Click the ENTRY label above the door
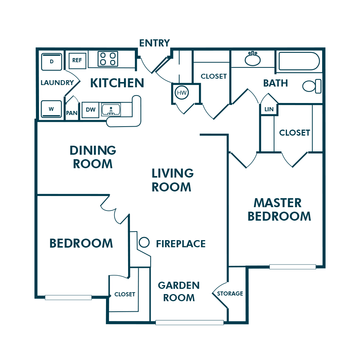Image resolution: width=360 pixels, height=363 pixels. click(x=154, y=43)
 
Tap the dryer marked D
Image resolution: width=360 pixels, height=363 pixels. click(x=52, y=62)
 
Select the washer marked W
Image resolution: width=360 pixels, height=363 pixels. click(x=51, y=109)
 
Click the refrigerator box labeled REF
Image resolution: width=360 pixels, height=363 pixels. click(x=77, y=60)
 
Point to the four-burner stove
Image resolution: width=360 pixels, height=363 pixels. click(x=108, y=59)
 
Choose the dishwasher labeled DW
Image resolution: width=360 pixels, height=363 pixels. click(x=91, y=110)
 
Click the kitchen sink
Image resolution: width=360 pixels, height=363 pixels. click(x=111, y=110)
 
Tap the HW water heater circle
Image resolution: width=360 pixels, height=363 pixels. click(x=182, y=93)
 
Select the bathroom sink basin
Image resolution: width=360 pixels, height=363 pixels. click(x=252, y=59)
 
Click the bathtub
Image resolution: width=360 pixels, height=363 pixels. click(x=299, y=61)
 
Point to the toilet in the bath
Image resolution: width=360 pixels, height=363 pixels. click(x=312, y=86)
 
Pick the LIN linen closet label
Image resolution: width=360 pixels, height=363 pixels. click(x=269, y=109)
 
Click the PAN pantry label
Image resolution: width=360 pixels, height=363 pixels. click(x=72, y=113)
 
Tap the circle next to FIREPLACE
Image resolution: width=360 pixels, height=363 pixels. click(x=144, y=242)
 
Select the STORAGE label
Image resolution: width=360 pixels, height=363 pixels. click(x=230, y=294)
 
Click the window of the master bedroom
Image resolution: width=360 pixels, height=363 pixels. click(x=293, y=267)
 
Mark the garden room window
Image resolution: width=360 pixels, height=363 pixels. click(x=190, y=323)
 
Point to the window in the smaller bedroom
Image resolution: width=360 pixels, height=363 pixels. click(x=68, y=297)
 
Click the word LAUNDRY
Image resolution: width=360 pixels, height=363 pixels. click(x=57, y=83)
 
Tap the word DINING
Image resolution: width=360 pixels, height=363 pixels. click(x=93, y=151)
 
